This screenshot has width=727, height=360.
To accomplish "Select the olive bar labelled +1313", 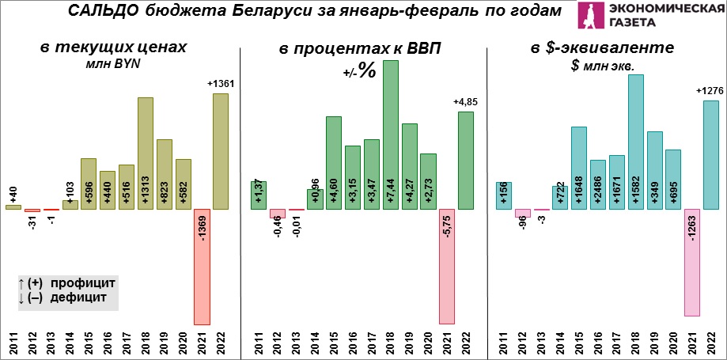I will [145, 153].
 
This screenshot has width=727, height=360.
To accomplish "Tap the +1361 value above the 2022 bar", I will [221, 83].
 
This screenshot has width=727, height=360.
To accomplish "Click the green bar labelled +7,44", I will [391, 135].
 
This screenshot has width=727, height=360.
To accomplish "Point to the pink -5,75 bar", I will [447, 267].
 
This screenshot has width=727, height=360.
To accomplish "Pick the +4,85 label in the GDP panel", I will [467, 101].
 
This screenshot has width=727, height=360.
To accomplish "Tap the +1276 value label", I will [710, 91].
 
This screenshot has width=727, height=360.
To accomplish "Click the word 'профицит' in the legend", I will [82, 282].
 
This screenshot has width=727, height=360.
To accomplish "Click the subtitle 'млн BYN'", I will [113, 66].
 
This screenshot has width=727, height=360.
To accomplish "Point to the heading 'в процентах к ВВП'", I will [360, 49].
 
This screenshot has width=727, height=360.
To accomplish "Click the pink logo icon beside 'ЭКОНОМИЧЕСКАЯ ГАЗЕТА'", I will [591, 17].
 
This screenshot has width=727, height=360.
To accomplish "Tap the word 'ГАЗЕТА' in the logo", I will [634, 25].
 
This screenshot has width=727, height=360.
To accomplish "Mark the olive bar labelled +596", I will [88, 184].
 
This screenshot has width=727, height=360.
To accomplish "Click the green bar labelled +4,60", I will [334, 163].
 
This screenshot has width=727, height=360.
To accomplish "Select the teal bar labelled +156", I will [504, 195].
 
